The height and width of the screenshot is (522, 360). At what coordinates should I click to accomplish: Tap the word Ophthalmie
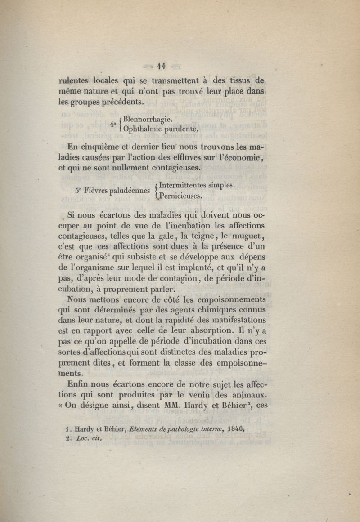(x=144, y=129)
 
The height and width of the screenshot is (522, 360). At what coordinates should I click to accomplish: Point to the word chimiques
(x=210, y=310)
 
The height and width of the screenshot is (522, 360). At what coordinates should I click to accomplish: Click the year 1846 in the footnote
(x=234, y=429)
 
